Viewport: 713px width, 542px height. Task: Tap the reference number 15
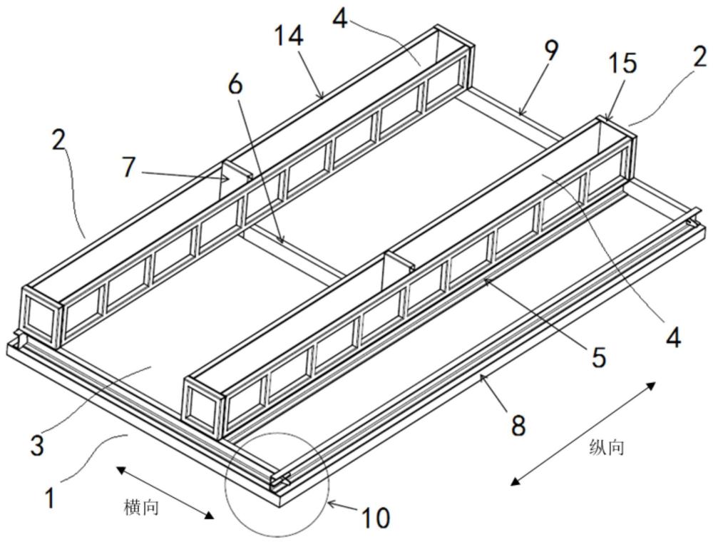[x=622, y=63]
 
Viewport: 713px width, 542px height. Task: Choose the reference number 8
[x=518, y=425]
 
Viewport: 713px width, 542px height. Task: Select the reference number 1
[x=51, y=498]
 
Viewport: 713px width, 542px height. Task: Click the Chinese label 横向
[x=141, y=506]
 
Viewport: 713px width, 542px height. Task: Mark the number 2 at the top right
[x=699, y=57]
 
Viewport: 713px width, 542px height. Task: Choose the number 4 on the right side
[x=674, y=337]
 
